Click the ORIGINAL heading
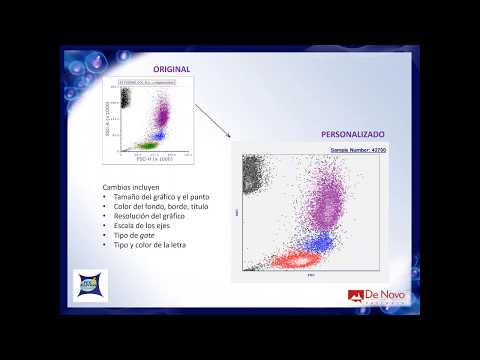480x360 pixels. tap(171, 68)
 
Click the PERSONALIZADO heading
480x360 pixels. tap(352, 133)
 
